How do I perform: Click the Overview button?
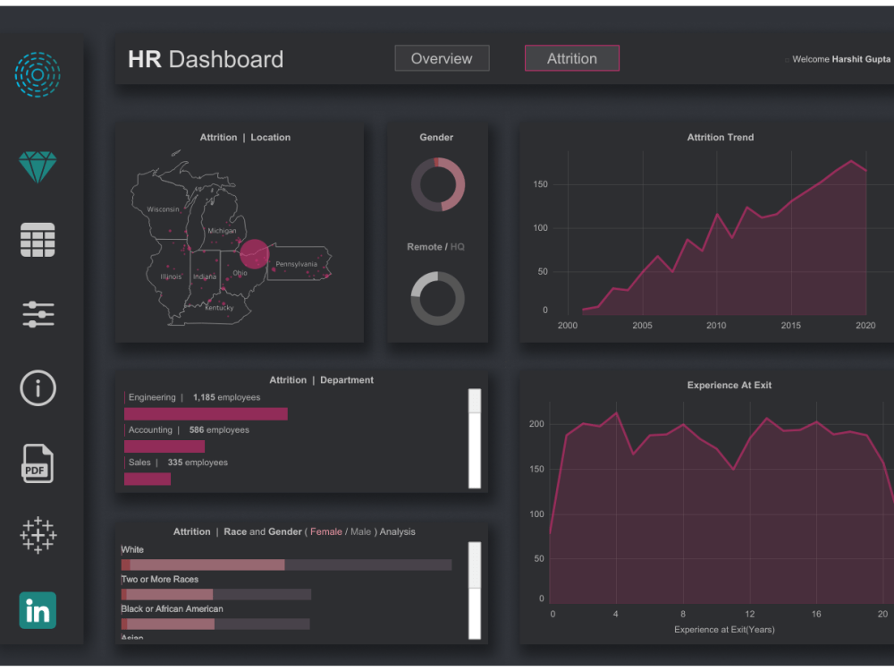[442, 58]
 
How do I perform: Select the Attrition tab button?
[571, 58]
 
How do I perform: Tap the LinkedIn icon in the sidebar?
[38, 611]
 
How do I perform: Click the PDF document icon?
[38, 464]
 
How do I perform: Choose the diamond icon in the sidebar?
[38, 166]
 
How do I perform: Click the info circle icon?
[38, 387]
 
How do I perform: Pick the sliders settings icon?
[38, 314]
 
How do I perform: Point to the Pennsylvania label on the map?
[296, 264]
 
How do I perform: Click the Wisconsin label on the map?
[163, 208]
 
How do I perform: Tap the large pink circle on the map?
[254, 254]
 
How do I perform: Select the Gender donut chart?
[437, 184]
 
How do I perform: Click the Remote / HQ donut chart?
[437, 298]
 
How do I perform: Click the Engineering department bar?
[206, 413]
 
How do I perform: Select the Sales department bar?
[147, 479]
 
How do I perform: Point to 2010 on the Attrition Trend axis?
[716, 326]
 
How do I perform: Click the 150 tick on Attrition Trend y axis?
[539, 184]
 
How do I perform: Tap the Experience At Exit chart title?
[729, 385]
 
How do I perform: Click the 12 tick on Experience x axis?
[749, 614]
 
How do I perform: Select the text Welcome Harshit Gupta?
[840, 59]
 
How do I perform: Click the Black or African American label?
[172, 608]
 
